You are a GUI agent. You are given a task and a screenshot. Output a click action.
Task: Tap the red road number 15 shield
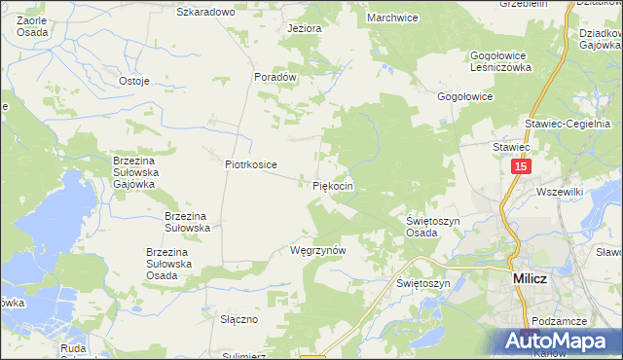[519, 167]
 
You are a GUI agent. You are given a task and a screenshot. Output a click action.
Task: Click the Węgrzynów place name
[318, 250]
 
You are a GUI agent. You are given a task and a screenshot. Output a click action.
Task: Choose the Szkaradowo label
[206, 12]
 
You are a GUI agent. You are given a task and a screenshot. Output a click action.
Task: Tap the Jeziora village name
[304, 28]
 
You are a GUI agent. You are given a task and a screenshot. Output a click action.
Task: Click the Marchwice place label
[392, 18]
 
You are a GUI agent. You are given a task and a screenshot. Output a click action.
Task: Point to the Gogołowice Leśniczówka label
[500, 62]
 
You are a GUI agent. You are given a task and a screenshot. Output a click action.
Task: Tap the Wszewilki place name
[559, 192]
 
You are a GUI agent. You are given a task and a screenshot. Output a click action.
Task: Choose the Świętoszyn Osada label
[433, 227]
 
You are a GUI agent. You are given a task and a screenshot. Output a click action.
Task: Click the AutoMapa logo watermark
[559, 340]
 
